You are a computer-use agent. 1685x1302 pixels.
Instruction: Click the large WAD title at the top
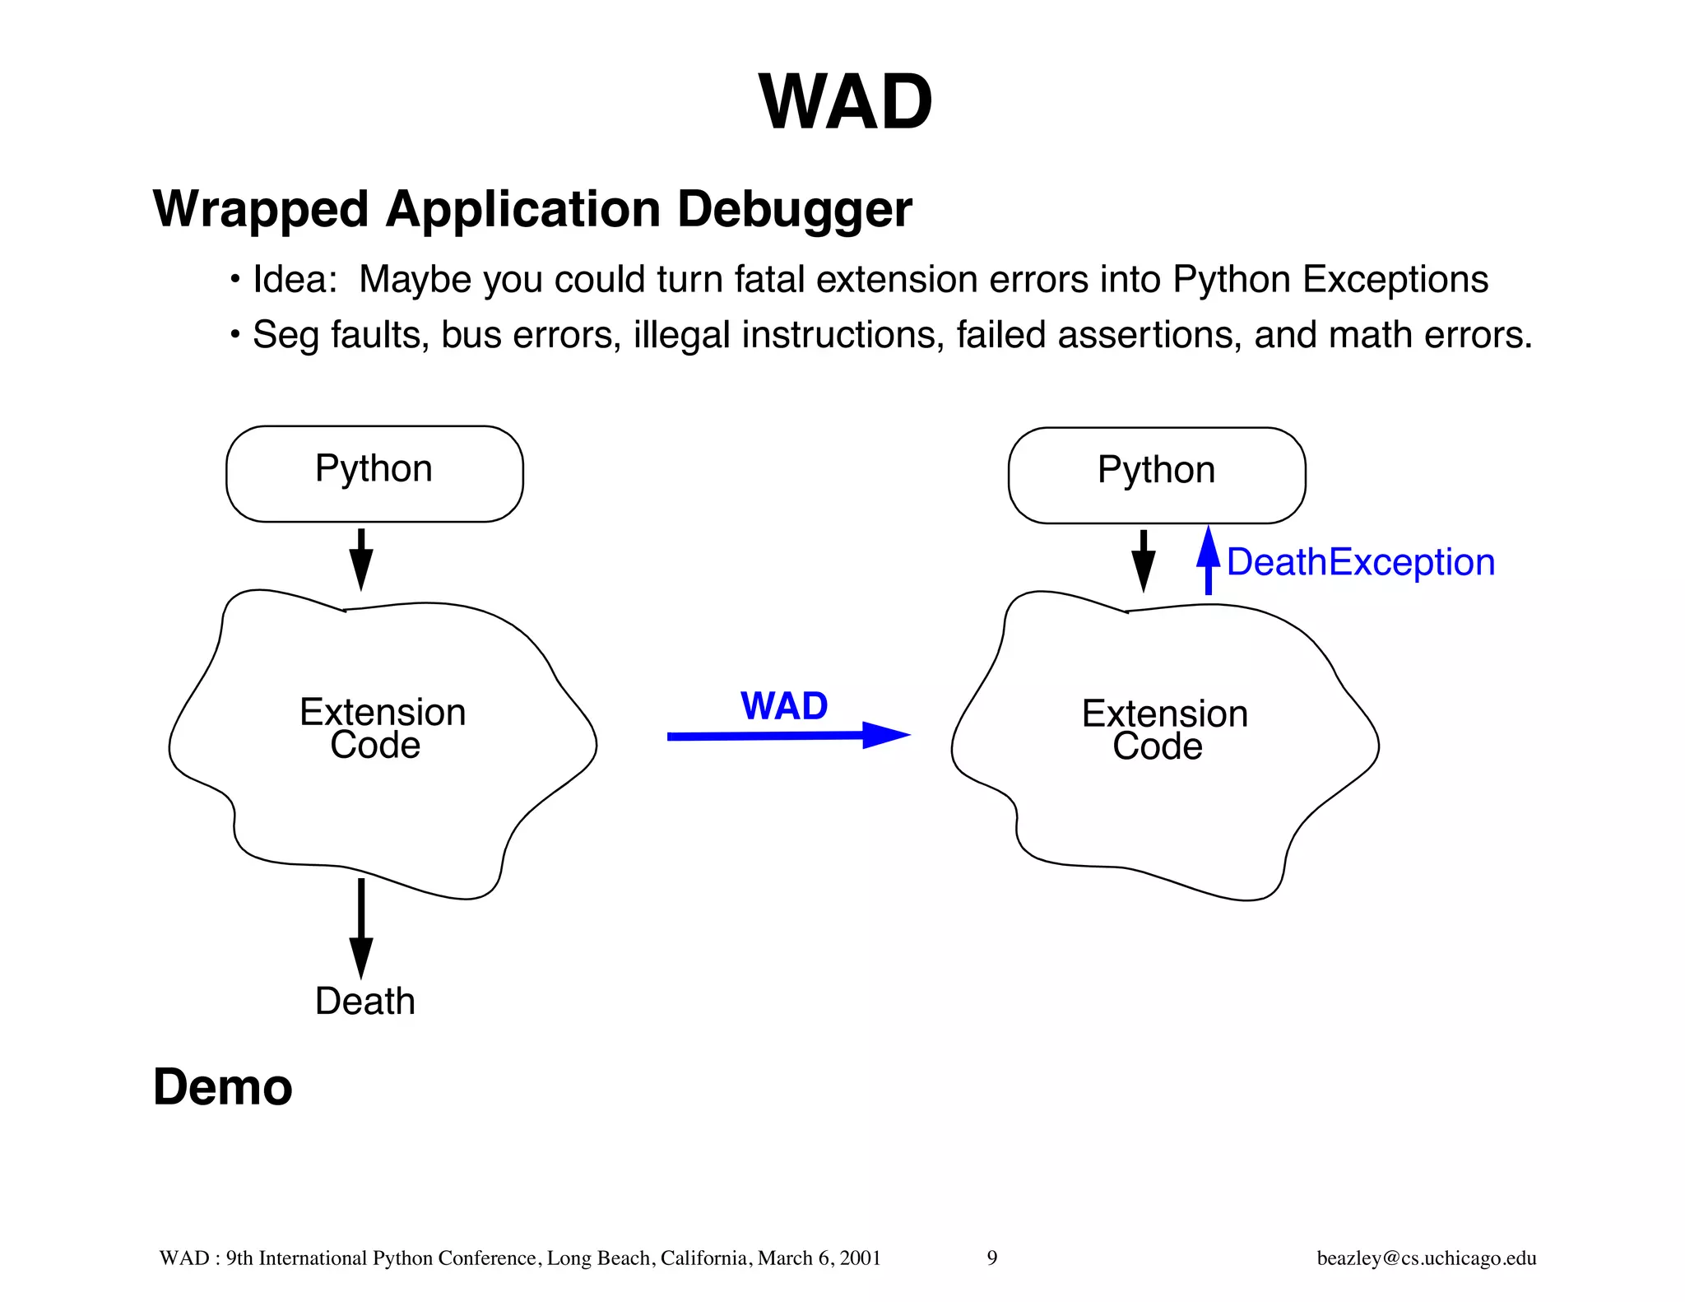(x=845, y=102)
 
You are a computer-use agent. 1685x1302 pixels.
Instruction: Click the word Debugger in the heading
(x=794, y=210)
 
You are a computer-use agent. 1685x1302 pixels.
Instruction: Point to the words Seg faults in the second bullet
(x=341, y=336)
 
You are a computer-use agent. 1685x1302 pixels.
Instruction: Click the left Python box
(x=374, y=473)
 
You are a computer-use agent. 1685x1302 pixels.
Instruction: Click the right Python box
(x=1156, y=475)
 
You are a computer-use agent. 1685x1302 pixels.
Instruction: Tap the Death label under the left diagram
(x=365, y=1002)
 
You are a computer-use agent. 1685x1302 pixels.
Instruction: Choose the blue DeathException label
(x=1360, y=563)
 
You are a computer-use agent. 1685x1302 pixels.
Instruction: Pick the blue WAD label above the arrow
(x=784, y=706)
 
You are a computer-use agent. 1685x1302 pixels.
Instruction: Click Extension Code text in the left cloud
(x=382, y=728)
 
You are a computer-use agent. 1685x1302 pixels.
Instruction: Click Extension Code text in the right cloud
(x=1163, y=730)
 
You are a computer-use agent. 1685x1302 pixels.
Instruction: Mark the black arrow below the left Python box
(x=360, y=559)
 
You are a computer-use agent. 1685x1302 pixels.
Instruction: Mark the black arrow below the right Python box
(x=1143, y=560)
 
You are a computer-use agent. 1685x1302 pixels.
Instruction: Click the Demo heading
(x=223, y=1087)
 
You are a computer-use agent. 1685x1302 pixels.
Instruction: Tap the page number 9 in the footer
(x=992, y=1258)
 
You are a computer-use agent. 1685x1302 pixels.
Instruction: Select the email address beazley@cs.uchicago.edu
(x=1426, y=1258)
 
